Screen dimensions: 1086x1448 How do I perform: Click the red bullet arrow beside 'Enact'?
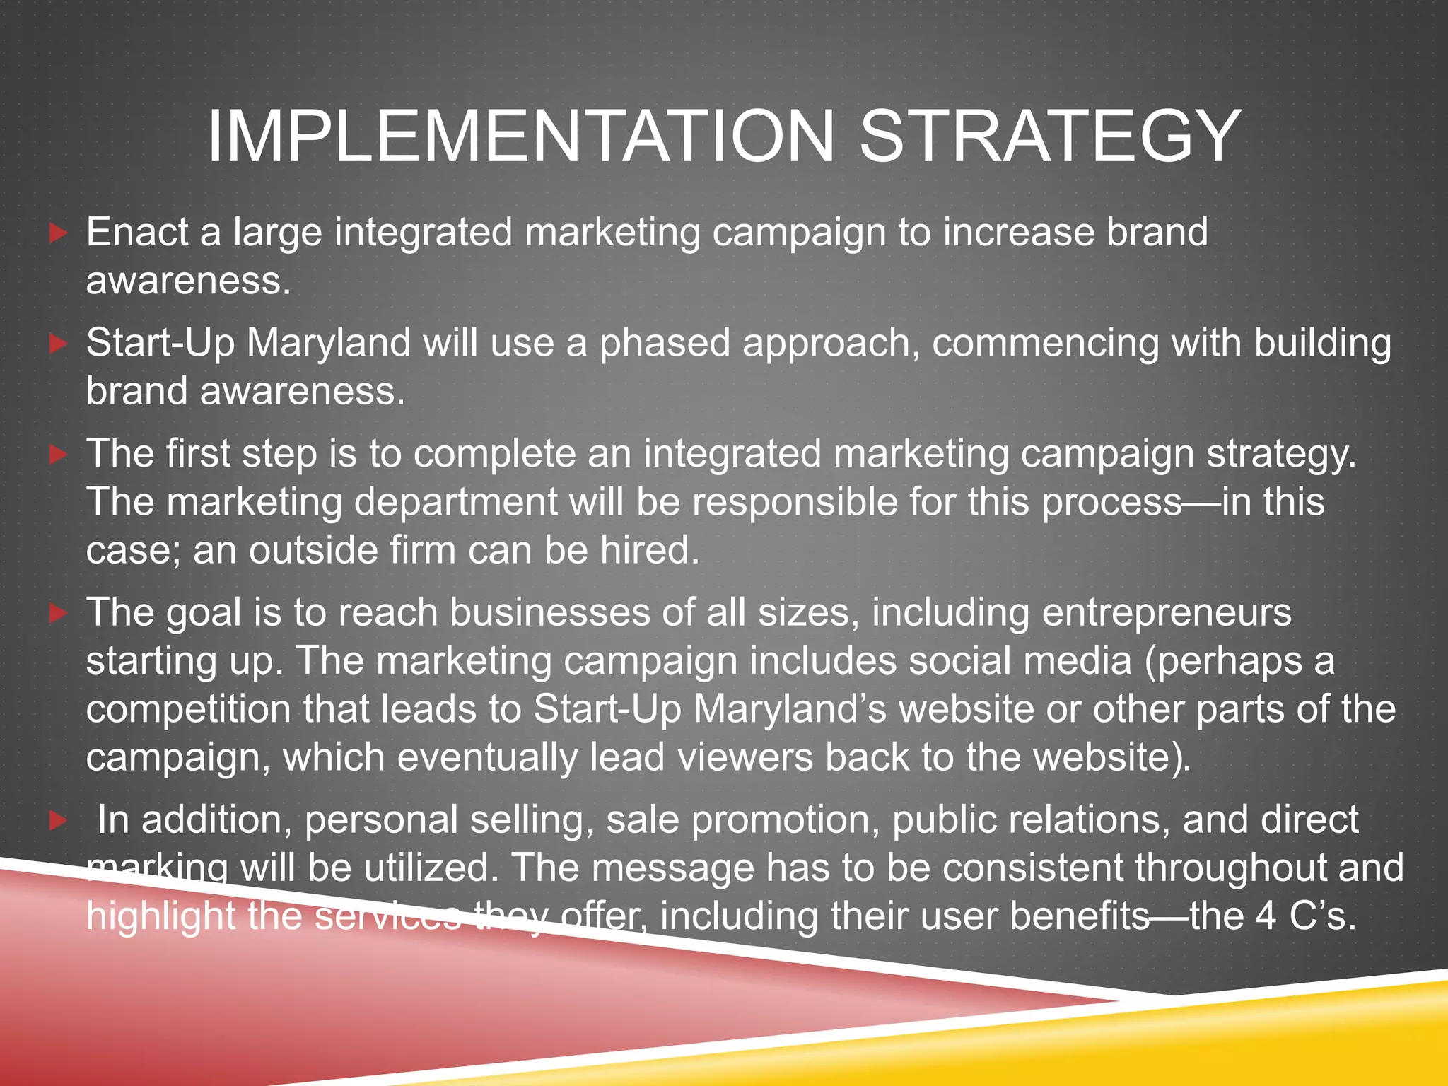[x=59, y=233]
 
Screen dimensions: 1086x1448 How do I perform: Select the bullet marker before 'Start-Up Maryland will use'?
[x=59, y=344]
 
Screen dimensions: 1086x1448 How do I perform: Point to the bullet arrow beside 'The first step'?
[x=59, y=455]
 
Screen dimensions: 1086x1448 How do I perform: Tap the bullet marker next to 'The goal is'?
[x=59, y=613]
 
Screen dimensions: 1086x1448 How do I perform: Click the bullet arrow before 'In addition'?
[x=59, y=821]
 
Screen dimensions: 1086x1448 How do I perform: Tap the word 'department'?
[x=456, y=503]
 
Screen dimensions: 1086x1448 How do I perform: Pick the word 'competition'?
[x=188, y=709]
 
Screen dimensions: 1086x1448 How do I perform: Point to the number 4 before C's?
[x=1266, y=916]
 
